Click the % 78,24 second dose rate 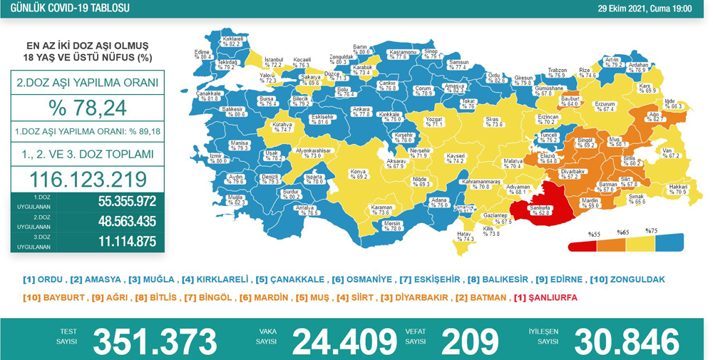tap(87, 108)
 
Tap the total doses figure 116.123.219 tap(88, 178)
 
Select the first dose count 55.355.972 tap(127, 202)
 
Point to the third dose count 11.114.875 tap(127, 242)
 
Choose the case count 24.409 tap(344, 341)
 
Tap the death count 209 tap(470, 341)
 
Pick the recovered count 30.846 tap(625, 341)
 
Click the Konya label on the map tap(357, 173)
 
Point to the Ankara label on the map tap(361, 111)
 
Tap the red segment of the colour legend tap(583, 245)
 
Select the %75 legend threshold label tap(651, 231)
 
